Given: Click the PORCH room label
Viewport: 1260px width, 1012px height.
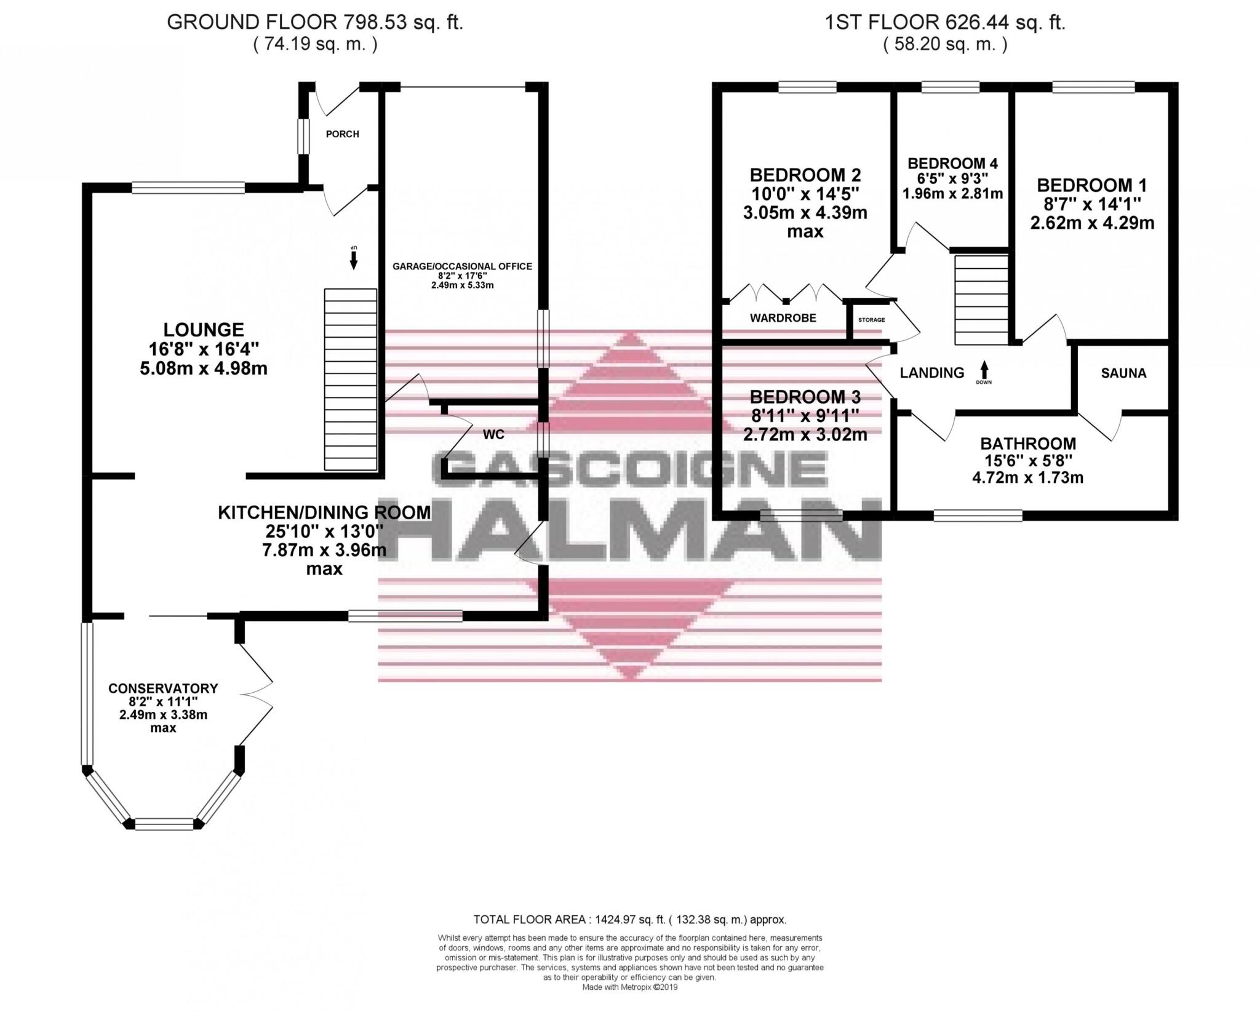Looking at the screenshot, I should pyautogui.click(x=342, y=134).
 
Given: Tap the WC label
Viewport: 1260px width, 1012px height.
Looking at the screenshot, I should pyautogui.click(x=493, y=435).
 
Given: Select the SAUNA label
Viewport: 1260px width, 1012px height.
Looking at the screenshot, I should pyautogui.click(x=1123, y=373).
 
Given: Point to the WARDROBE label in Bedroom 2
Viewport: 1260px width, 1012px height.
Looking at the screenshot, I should pyautogui.click(x=783, y=318).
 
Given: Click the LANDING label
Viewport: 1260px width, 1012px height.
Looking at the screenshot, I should pyautogui.click(x=931, y=373).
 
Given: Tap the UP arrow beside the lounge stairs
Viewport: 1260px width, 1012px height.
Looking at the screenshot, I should pyautogui.click(x=353, y=258).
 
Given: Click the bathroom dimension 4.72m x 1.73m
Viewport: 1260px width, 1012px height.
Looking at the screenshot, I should pyautogui.click(x=1027, y=477).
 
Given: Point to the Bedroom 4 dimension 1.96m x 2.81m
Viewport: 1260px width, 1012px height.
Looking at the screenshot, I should pyautogui.click(x=952, y=194).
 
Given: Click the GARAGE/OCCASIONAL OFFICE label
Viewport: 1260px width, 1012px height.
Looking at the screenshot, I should pyautogui.click(x=462, y=266).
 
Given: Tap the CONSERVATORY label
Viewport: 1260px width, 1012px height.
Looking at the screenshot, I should pyautogui.click(x=163, y=688).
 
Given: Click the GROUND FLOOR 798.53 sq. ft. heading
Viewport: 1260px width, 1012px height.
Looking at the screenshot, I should pyautogui.click(x=315, y=23).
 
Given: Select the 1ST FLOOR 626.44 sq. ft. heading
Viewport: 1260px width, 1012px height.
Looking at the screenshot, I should pyautogui.click(x=945, y=23).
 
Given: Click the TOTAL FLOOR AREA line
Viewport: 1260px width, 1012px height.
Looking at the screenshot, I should pyautogui.click(x=629, y=937).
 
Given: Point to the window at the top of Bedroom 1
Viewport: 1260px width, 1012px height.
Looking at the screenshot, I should pyautogui.click(x=1093, y=87).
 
